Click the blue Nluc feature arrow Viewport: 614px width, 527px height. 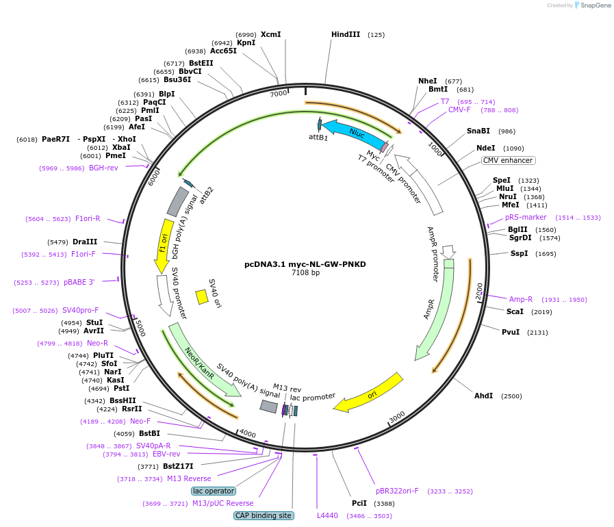355,133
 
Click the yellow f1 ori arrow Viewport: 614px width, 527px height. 164,246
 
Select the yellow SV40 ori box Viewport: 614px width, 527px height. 202,297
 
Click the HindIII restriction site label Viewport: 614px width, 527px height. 346,34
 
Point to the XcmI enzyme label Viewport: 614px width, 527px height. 270,34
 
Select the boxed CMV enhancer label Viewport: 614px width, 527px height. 508,161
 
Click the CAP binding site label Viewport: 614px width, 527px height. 264,515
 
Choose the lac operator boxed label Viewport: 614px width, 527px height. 214,491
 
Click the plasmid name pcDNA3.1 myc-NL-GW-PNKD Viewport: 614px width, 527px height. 305,264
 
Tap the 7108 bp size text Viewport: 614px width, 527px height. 305,272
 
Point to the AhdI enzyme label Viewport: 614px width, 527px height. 484,396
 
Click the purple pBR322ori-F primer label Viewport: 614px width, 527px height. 397,491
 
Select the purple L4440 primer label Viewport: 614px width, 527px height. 327,515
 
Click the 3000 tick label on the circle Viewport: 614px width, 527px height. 397,417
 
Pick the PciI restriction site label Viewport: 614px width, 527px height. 359,503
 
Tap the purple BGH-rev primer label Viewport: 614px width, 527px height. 103,168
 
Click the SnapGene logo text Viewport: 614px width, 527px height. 596,5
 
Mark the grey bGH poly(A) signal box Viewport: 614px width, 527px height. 178,202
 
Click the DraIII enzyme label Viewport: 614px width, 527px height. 85,242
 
